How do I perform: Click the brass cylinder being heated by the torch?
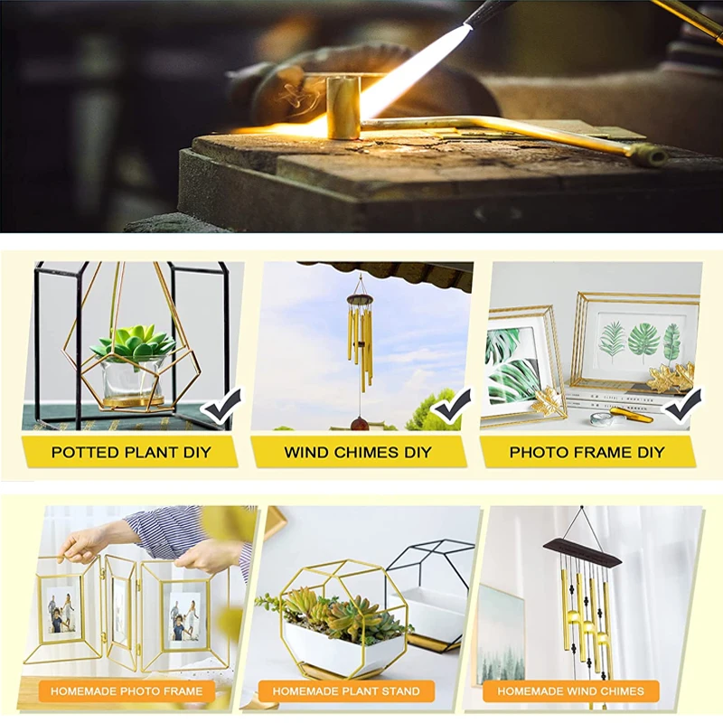343,107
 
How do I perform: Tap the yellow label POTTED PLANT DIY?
130,452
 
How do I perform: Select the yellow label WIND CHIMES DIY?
358,452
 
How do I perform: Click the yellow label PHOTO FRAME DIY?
587,452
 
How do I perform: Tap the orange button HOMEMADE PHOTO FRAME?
127,690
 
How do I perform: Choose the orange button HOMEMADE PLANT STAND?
346,690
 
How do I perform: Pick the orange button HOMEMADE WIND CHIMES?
571,690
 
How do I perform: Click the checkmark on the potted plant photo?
223,406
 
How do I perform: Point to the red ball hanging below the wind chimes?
360,424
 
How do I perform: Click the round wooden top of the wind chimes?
360,300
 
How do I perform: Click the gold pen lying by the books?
631,415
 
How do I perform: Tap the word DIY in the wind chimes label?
418,452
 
